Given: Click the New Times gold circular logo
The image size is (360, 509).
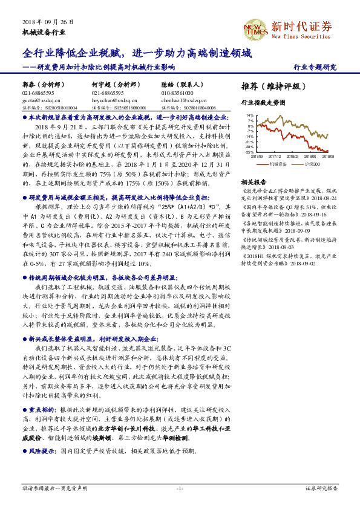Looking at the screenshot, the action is [254, 28].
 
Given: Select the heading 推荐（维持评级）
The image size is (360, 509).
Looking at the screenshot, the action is [270, 86].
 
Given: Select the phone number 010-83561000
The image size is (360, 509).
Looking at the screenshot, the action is [178, 93].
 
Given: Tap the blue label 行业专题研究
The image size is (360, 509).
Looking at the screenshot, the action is [314, 67].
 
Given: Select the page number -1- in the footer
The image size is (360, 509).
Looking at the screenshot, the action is [180, 487].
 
